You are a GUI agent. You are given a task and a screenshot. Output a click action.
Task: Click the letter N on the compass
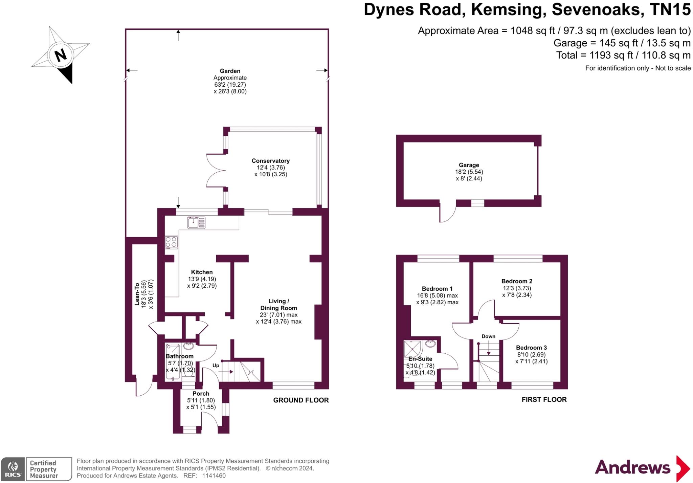pos(61,55)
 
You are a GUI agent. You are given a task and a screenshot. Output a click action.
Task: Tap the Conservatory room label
pos(270,161)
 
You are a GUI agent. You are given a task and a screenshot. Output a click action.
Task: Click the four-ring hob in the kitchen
pos(171,242)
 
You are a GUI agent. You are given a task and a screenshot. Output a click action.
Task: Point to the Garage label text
pos(469,165)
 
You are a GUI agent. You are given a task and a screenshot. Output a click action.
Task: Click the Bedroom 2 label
pos(517,281)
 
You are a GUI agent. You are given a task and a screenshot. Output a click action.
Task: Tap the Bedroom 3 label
pos(531,348)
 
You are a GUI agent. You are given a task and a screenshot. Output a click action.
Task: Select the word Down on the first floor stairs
pos(488,336)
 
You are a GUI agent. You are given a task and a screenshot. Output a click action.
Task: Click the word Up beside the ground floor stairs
pos(216,366)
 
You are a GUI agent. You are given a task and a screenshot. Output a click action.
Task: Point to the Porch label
pos(201,394)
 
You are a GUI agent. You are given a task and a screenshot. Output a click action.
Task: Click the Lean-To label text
pos(137,294)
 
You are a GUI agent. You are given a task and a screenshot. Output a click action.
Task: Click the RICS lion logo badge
pos(13,469)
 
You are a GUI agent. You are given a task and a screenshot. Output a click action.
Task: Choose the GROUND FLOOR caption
pos(301,400)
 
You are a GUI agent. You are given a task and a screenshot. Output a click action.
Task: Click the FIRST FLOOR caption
pos(544,399)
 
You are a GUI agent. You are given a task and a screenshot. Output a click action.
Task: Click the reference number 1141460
pos(214,476)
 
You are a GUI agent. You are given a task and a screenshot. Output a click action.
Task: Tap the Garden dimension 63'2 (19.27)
pos(230,85)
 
